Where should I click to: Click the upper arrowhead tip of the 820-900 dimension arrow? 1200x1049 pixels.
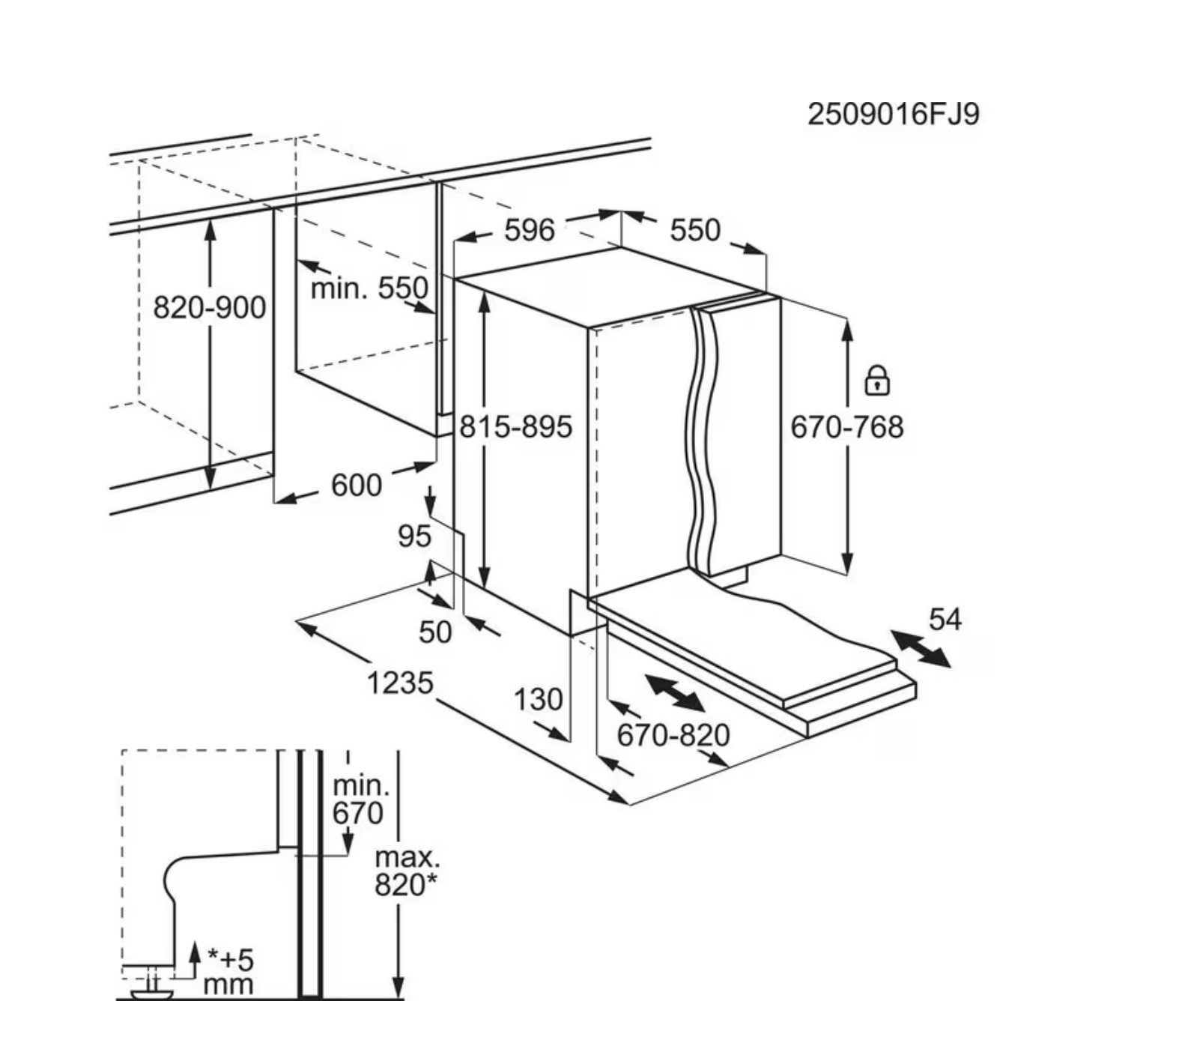click(210, 223)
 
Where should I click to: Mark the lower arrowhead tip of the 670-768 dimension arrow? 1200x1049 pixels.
click(847, 574)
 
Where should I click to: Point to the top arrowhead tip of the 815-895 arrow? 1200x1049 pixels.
click(485, 293)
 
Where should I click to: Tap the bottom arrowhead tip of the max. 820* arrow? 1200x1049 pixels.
click(399, 998)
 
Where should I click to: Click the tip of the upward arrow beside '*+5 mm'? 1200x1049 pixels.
click(194, 943)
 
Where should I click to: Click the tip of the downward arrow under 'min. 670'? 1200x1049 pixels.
click(347, 855)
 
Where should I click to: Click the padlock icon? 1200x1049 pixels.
click(877, 380)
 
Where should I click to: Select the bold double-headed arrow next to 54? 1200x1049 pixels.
click(921, 649)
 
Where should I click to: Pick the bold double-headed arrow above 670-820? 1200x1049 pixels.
click(674, 693)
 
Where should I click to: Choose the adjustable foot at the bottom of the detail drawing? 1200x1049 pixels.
click(152, 989)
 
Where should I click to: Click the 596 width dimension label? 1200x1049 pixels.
click(530, 230)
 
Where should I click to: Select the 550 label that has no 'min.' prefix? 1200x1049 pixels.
click(695, 229)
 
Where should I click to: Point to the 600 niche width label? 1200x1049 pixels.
click(357, 485)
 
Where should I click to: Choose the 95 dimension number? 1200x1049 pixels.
click(414, 536)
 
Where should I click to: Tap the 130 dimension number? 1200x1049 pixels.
click(538, 699)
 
